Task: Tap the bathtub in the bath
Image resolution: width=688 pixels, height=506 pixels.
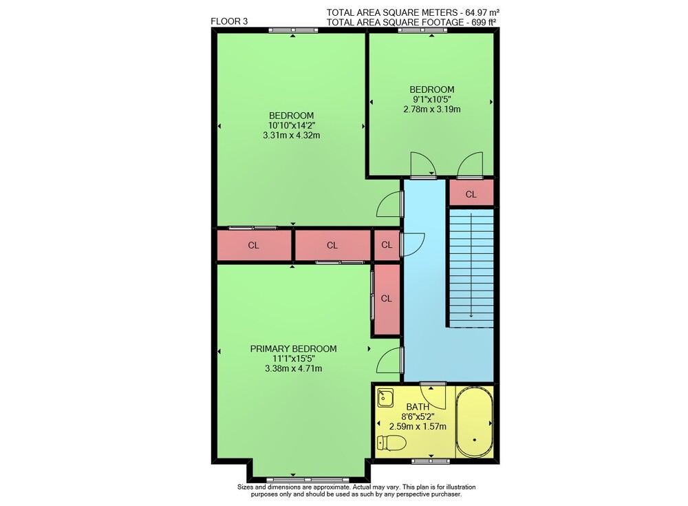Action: (474, 422)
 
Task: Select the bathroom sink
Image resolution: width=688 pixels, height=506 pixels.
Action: (385, 399)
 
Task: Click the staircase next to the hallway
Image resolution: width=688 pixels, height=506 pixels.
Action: (471, 268)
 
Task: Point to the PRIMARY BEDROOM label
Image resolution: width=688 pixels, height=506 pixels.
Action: (293, 349)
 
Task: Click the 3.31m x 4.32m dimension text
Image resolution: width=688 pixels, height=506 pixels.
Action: (291, 136)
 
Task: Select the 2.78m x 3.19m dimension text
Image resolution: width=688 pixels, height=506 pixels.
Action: (432, 109)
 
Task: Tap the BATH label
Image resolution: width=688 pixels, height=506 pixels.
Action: (418, 407)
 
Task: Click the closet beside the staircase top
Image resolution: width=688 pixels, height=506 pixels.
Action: (471, 193)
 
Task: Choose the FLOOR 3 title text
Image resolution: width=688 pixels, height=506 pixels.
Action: (229, 21)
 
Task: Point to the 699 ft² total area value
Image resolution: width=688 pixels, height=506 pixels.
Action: (483, 23)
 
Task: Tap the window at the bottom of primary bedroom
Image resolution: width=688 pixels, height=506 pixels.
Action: (308, 479)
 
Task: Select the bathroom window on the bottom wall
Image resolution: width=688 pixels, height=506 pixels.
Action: (431, 461)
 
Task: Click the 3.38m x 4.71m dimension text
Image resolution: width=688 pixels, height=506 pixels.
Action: (294, 368)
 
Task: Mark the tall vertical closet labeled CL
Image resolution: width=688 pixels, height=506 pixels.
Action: (386, 299)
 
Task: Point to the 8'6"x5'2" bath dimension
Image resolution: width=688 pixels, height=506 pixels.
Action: (418, 417)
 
